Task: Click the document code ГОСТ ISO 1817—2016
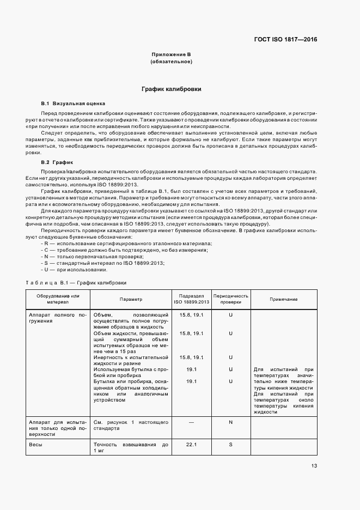click(285, 39)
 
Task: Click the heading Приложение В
click(170, 54)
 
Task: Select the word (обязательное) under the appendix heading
click(170, 62)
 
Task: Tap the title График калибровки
click(170, 88)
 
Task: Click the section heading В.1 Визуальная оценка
click(73, 103)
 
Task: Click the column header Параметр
click(131, 299)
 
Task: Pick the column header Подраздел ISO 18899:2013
click(191, 299)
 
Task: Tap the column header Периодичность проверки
click(230, 299)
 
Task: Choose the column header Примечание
click(283, 299)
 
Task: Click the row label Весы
click(36, 445)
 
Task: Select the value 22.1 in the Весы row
click(191, 445)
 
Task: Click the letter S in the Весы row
click(230, 445)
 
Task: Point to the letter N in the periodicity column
click(230, 422)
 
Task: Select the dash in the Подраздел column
click(191, 422)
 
